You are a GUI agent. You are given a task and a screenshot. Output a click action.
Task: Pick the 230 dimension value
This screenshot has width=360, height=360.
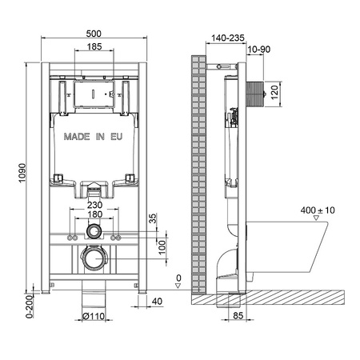94,204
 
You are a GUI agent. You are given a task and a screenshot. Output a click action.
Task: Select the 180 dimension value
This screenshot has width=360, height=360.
94,214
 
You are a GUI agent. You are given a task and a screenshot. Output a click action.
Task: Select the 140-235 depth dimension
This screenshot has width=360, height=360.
226,37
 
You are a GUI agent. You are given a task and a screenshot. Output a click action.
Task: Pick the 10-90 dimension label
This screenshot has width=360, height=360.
258,50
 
